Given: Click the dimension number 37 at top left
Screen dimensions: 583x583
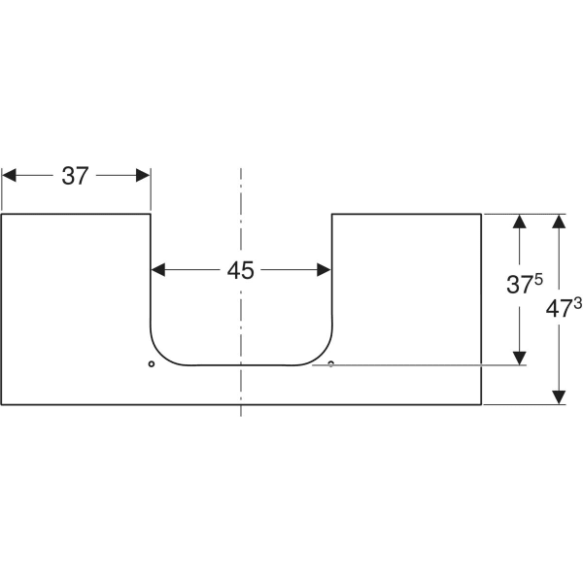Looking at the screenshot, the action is (75, 176).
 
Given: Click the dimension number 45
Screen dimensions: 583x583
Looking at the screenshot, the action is (241, 270).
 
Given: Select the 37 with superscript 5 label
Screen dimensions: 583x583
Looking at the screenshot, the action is (525, 284).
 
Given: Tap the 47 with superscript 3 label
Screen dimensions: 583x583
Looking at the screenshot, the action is (564, 307).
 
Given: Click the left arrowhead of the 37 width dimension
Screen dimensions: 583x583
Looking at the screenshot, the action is (9, 175).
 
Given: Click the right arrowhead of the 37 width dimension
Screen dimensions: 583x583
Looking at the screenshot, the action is (143, 175).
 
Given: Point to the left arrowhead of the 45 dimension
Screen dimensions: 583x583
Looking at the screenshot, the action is (158, 270).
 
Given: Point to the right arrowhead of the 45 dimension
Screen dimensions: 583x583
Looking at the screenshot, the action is (324, 270).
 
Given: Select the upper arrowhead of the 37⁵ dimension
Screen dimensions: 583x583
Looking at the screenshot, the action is (520, 222).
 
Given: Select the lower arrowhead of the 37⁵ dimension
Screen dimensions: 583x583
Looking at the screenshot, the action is (520, 358).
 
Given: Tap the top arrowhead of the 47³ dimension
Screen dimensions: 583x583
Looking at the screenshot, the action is (559, 222).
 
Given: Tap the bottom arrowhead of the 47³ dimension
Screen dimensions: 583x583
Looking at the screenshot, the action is (559, 397).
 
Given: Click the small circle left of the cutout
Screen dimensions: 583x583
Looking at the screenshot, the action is (152, 363).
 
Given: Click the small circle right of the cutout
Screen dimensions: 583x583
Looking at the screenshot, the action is (331, 363).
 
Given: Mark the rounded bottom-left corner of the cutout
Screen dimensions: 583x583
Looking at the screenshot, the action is (160, 355).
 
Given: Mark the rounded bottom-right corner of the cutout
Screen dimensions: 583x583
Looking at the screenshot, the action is (322, 355).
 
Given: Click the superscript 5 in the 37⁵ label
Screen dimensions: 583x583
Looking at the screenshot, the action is (538, 280).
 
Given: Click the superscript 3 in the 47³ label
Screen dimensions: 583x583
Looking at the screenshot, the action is (578, 304).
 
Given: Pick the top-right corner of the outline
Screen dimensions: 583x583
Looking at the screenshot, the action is (482, 214).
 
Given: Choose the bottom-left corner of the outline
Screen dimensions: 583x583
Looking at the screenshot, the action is (2, 404).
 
